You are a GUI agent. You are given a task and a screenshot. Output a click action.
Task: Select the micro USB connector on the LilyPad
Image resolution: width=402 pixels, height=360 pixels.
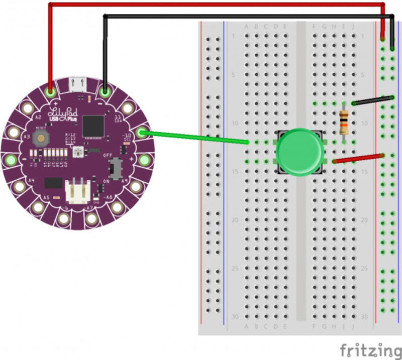[77, 84]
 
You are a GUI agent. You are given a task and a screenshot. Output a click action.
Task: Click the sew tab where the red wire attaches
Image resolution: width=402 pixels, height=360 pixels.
[50, 93]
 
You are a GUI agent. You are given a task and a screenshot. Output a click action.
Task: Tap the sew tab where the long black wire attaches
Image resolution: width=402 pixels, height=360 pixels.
[105, 93]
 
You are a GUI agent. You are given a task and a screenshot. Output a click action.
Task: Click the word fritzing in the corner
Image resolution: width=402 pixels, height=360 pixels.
[370, 349]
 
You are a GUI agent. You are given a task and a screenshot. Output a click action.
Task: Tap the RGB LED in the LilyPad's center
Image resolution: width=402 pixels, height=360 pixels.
[77, 151]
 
